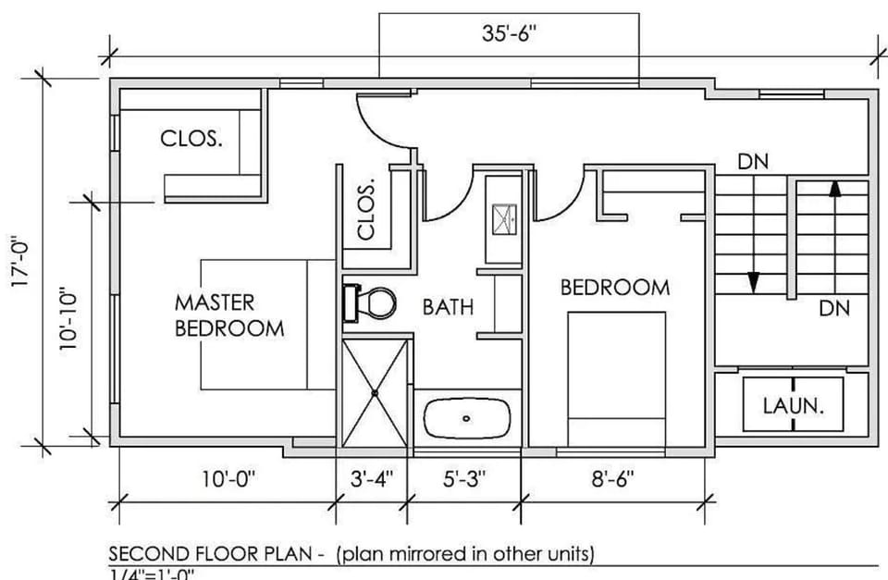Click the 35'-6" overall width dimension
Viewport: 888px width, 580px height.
point(509,34)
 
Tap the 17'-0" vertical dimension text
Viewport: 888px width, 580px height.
point(20,264)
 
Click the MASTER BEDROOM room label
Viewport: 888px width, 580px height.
point(229,315)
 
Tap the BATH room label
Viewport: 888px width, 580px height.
point(449,306)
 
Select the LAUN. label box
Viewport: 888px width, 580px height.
point(794,405)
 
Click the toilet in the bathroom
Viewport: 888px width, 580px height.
point(371,302)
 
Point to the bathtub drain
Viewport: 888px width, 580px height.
point(467,418)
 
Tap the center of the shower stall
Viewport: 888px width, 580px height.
point(375,393)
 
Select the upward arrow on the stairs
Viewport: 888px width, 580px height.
point(834,189)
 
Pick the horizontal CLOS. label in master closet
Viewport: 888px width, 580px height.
point(191,139)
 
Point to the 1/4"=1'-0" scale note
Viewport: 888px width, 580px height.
point(152,574)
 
